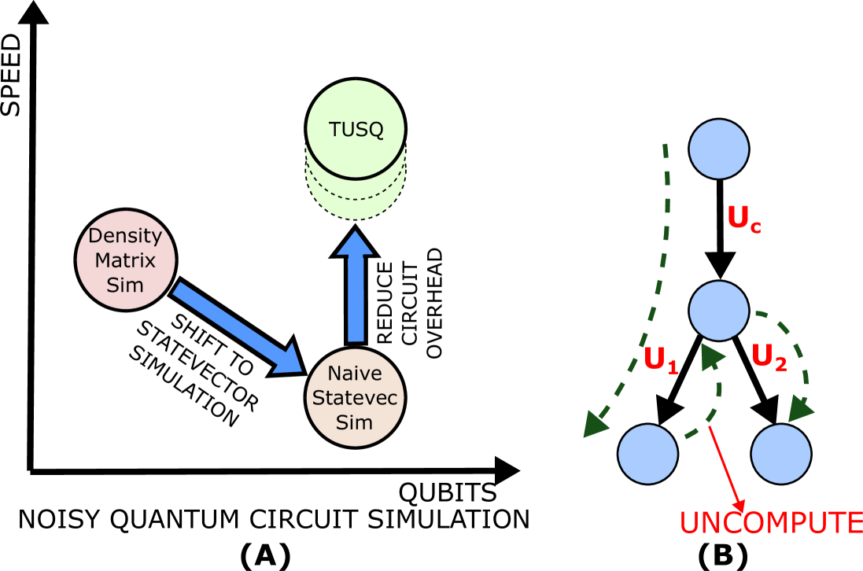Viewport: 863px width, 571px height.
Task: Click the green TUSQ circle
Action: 356,129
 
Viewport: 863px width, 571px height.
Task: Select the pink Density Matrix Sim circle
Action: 125,260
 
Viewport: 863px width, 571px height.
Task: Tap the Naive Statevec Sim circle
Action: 355,397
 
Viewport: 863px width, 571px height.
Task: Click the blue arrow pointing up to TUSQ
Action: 356,287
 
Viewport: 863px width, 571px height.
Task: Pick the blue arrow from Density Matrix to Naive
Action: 236,326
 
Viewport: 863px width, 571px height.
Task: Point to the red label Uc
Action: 743,219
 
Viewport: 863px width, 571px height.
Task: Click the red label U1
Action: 661,360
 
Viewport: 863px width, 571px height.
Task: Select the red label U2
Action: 769,358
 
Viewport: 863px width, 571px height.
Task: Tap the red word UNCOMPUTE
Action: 770,523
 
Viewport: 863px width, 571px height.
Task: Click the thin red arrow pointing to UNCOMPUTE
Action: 726,467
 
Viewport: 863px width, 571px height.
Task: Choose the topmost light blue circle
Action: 718,149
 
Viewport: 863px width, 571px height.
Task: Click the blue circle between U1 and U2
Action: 718,311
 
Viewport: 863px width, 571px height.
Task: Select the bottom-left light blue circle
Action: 647,454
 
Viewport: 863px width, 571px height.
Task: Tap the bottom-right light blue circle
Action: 780,454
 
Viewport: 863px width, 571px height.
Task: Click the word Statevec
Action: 355,398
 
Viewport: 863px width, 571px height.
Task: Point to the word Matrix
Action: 125,260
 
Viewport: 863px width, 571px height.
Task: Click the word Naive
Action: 355,374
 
